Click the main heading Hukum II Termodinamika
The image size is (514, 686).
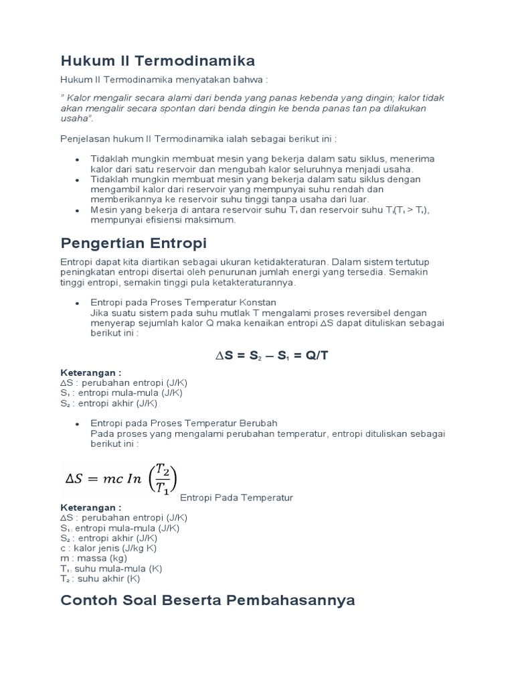(157, 61)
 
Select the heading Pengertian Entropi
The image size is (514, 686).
(133, 241)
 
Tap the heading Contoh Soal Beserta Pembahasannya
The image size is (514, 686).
(207, 600)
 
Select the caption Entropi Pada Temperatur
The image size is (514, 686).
(236, 498)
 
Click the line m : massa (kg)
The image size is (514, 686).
(93, 558)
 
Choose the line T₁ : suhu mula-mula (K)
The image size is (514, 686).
(111, 568)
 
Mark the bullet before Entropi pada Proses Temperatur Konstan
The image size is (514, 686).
(78, 303)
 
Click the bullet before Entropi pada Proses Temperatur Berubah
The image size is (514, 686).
(78, 423)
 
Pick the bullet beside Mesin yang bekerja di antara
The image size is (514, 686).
(78, 210)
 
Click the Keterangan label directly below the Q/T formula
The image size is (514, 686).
(91, 372)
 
